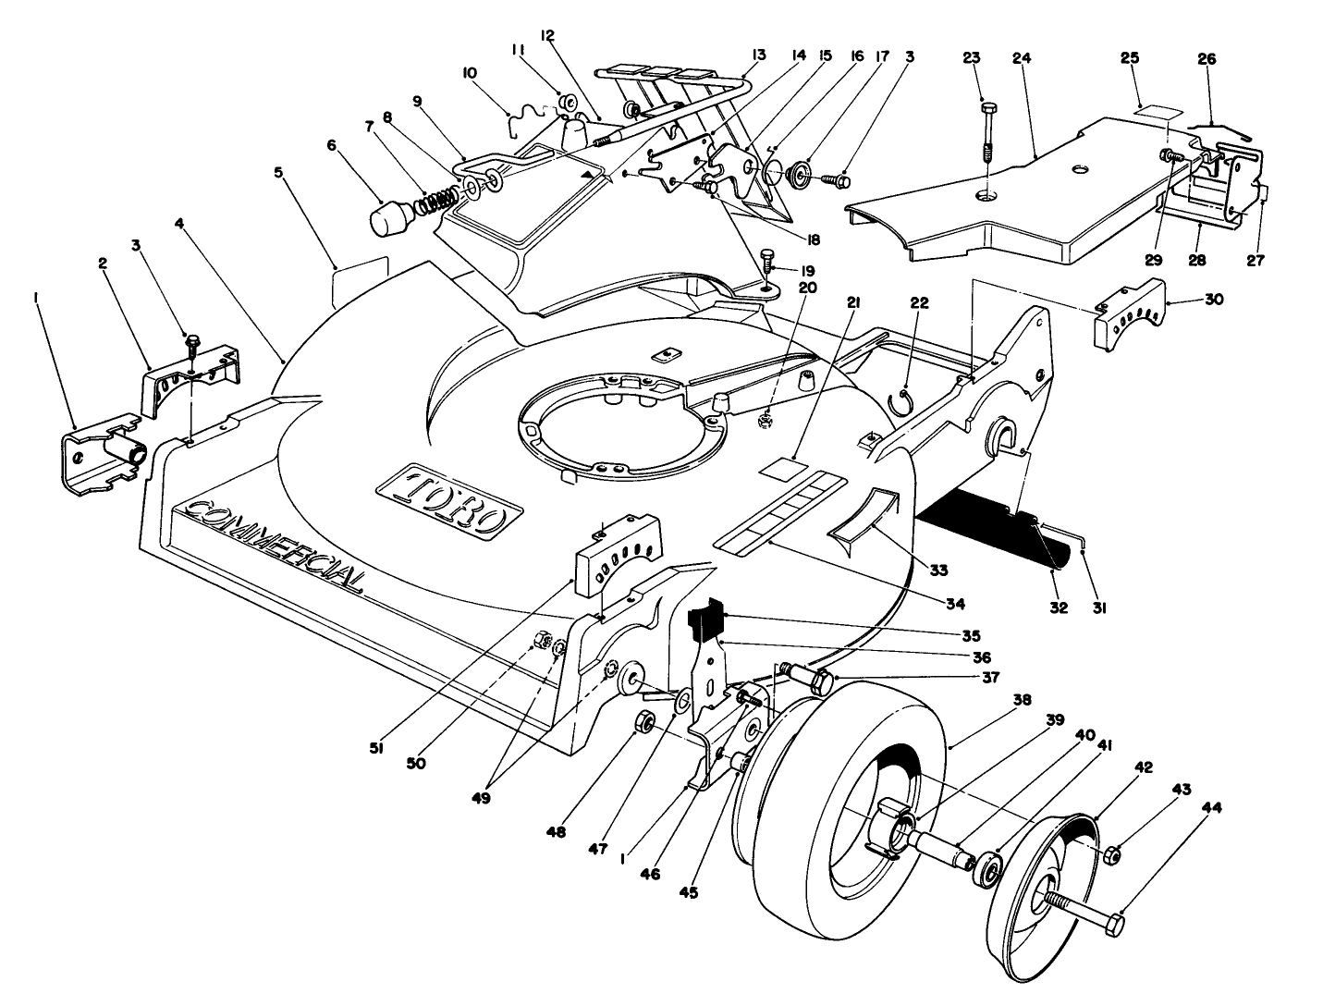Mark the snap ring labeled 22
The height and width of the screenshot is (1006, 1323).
click(x=902, y=402)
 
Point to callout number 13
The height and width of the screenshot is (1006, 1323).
click(x=758, y=55)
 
